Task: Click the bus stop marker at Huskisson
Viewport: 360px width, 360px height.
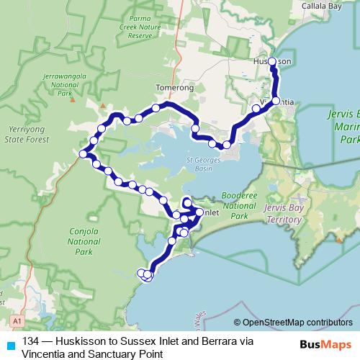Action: (x=272, y=62)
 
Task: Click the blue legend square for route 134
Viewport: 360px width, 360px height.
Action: (x=10, y=343)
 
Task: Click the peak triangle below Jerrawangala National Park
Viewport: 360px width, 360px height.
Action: (x=71, y=99)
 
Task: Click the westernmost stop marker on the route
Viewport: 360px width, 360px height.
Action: (x=84, y=153)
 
